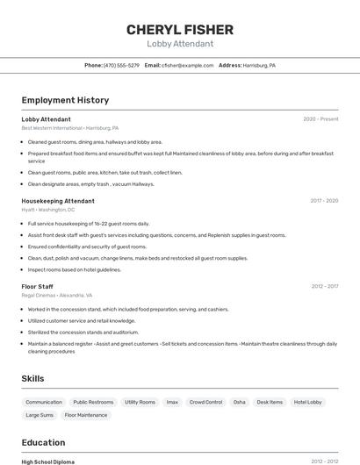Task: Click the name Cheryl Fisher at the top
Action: pos(179,29)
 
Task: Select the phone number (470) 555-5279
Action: pos(121,65)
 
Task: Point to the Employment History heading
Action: pos(65,100)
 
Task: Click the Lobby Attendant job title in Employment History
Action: pos(46,118)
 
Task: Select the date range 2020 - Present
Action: pos(320,118)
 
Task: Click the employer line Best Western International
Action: pos(69,128)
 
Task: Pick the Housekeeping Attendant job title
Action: pos(58,201)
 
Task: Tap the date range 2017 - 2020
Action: pos(324,201)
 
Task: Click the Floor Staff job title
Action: pos(37,287)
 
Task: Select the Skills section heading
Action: pos(33,378)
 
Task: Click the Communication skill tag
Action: pos(44,402)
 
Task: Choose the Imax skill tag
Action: pos(172,402)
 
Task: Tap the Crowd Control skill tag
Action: pos(206,402)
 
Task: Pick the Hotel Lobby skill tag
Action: pos(308,402)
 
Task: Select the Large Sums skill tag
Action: pos(40,415)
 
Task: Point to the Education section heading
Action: pos(43,442)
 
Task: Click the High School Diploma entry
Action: pos(47,461)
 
